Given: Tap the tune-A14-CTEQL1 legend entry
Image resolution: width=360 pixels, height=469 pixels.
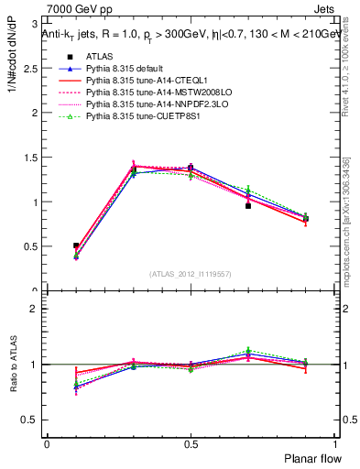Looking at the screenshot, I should click(134, 82).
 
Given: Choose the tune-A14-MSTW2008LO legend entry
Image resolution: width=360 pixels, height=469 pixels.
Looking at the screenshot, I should click(143, 93).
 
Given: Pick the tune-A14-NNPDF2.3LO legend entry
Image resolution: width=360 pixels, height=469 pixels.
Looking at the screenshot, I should click(142, 105).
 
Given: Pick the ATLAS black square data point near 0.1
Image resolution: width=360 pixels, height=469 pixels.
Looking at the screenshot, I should click(76, 245).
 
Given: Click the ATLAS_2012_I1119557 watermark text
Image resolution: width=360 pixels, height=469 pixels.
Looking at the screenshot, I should click(191, 275).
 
